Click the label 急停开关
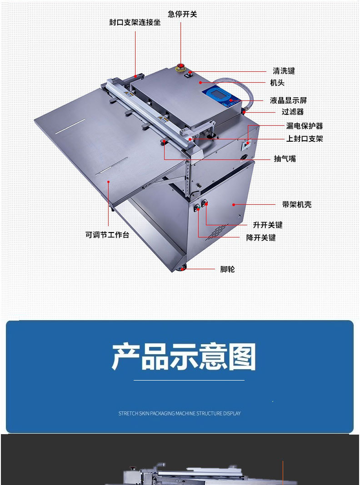pyautogui.click(x=182, y=14)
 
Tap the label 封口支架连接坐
pyautogui.click(x=135, y=22)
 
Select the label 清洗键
pyautogui.click(x=284, y=71)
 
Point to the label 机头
pyautogui.click(x=277, y=83)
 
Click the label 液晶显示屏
pyautogui.click(x=288, y=100)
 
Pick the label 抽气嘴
pyautogui.click(x=285, y=159)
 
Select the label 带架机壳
pyautogui.click(x=296, y=205)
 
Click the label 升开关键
pyautogui.click(x=267, y=225)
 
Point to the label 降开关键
pyautogui.click(x=261, y=238)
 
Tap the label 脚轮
pyautogui.click(x=227, y=269)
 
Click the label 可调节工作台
pyautogui.click(x=107, y=235)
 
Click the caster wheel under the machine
pyautogui.click(x=182, y=268)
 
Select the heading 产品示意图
pyautogui.click(x=184, y=356)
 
